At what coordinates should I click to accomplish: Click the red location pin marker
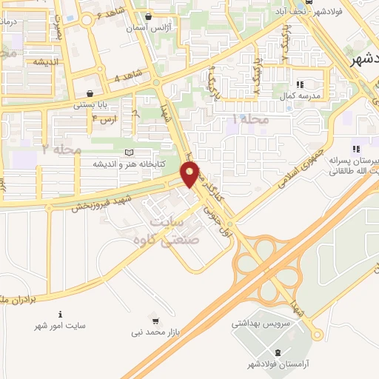[x=191, y=174]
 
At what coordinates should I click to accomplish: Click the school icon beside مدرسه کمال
[x=300, y=84]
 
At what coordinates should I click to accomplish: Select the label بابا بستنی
[x=91, y=105]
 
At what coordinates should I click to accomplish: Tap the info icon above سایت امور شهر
[x=61, y=314]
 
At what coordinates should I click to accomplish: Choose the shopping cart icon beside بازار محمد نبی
[x=155, y=321]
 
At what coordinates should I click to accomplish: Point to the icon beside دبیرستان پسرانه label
[x=356, y=150]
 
